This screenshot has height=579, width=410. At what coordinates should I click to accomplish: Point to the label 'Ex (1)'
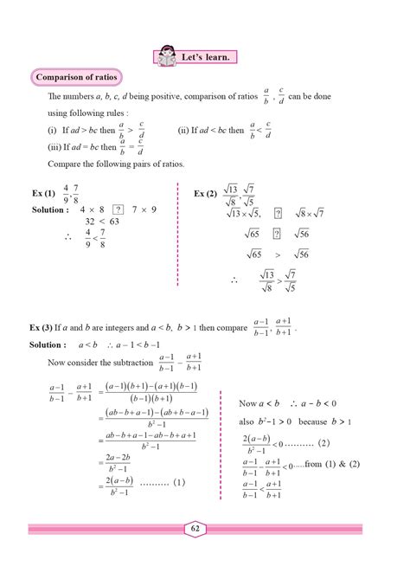(42, 192)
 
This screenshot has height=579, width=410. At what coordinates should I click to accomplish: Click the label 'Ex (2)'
(205, 193)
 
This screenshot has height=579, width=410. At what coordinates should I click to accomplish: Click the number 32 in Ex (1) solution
(89, 222)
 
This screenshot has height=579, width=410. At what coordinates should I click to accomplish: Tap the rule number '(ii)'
(184, 131)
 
